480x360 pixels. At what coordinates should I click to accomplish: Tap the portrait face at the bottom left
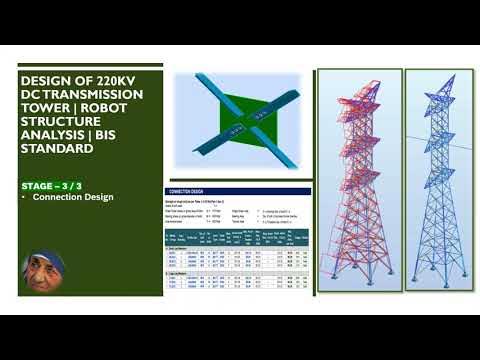[41, 267]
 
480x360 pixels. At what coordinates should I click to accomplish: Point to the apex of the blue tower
[441, 74]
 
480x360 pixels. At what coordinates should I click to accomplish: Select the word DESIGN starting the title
[50, 81]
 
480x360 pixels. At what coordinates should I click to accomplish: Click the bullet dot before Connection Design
[26, 197]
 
